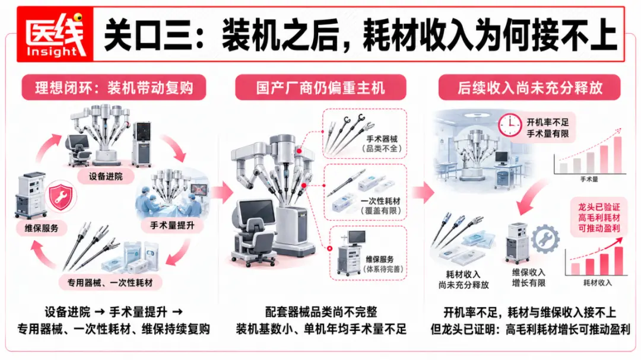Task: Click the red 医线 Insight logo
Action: tap(55, 34)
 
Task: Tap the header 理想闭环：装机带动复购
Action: tap(114, 87)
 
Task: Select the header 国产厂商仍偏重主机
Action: tap(320, 87)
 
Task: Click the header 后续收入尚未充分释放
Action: tap(530, 87)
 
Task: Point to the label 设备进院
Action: tap(106, 177)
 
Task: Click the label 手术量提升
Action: tap(172, 225)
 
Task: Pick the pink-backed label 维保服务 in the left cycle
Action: tap(42, 228)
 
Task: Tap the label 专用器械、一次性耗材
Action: tap(110, 282)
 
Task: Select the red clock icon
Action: tap(509, 125)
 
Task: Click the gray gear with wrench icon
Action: tap(545, 239)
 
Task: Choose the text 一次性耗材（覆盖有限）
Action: tap(380, 206)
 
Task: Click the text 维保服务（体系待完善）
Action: tap(383, 264)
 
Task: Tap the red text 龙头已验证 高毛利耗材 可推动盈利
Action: tap(599, 218)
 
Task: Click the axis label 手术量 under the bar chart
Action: tap(589, 179)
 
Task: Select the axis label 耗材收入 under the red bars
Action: tap(597, 282)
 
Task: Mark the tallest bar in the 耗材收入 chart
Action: tap(618, 261)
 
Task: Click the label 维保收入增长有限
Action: tap(529, 278)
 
